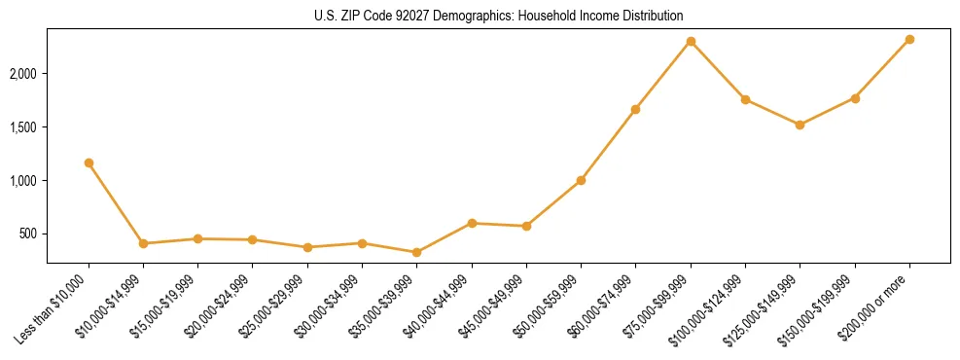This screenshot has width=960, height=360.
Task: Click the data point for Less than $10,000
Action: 89,162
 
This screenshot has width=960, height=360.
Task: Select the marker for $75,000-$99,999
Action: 691,41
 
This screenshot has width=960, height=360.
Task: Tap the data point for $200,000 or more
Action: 909,39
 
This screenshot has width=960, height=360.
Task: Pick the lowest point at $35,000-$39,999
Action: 416,252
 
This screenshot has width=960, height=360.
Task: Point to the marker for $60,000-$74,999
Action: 635,109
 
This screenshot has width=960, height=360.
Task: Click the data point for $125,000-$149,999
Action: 800,125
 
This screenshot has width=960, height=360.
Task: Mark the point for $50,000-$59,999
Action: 581,180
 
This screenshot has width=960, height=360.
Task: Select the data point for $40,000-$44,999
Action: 472,223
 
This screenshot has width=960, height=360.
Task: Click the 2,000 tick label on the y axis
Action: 51,74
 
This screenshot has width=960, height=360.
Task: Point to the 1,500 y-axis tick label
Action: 51,127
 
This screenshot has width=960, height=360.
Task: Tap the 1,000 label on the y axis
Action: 51,181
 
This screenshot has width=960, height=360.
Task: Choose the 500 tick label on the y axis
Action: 57,234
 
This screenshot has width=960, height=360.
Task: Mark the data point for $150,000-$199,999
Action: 855,98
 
